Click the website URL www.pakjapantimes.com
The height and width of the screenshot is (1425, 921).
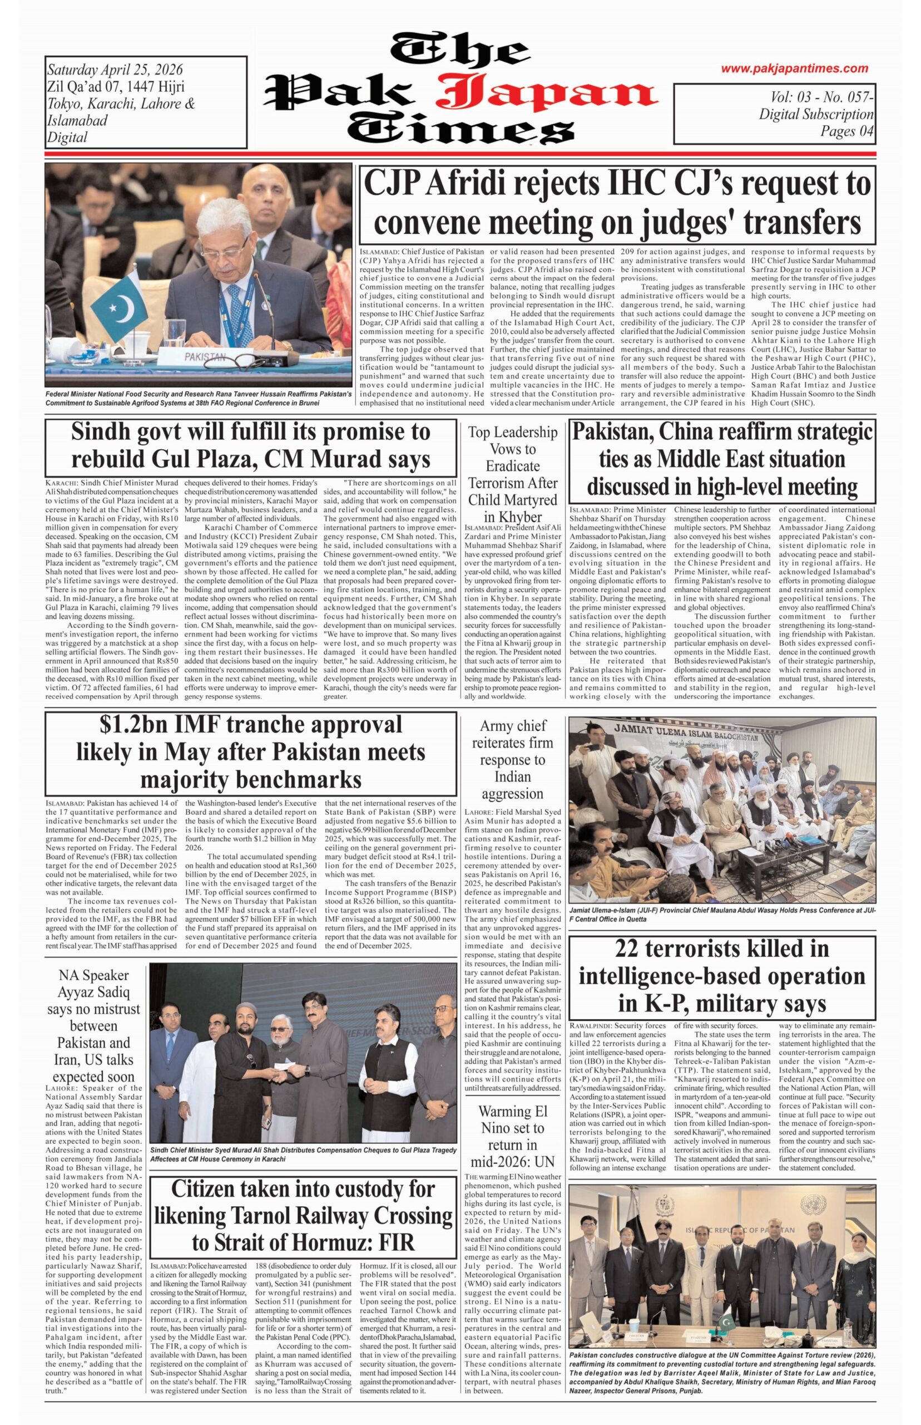pyautogui.click(x=794, y=69)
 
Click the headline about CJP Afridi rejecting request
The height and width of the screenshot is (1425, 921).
pyautogui.click(x=617, y=202)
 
